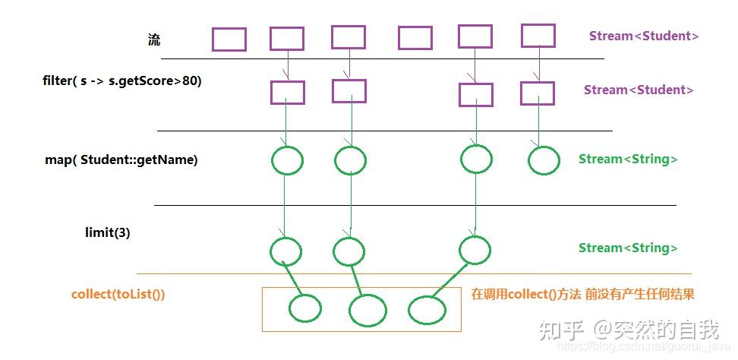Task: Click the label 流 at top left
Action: [x=154, y=40]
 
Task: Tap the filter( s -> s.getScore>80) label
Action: [x=122, y=80]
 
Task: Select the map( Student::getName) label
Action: [x=121, y=159]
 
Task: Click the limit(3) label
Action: [x=107, y=233]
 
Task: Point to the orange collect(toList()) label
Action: [x=118, y=294]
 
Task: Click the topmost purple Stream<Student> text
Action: [x=644, y=36]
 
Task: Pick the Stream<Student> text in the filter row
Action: [x=639, y=90]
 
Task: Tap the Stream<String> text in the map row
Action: [x=628, y=159]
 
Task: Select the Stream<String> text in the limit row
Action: [x=628, y=248]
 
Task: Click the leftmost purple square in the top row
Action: [x=229, y=39]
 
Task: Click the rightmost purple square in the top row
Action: [x=538, y=36]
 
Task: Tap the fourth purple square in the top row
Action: [x=415, y=38]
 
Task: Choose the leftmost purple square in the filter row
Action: [x=288, y=93]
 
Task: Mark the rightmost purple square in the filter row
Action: [x=538, y=93]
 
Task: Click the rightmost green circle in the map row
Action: [x=544, y=160]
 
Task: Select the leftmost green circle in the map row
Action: [x=286, y=160]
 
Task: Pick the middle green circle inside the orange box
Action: [x=367, y=309]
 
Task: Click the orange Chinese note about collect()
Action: [x=583, y=294]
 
